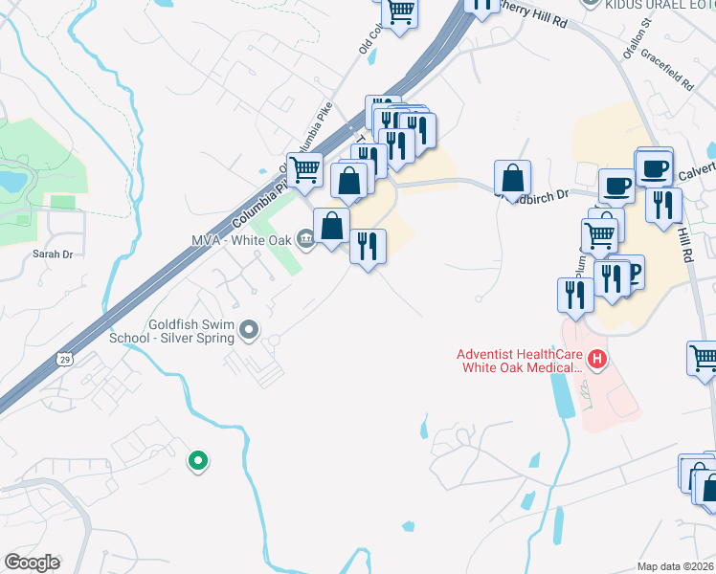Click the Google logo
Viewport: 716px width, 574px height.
(x=32, y=563)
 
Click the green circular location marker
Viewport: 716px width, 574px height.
(x=198, y=462)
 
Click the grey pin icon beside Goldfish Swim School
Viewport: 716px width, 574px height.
(x=250, y=331)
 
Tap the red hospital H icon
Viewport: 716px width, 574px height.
(x=598, y=360)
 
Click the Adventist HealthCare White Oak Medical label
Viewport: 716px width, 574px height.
(x=522, y=360)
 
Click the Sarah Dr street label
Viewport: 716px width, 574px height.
(x=53, y=254)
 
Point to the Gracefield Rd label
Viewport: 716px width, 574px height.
(x=668, y=68)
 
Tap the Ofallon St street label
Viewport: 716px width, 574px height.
(x=636, y=38)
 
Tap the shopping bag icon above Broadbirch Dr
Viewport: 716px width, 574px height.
(x=513, y=178)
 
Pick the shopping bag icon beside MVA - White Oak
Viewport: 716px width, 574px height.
(x=332, y=227)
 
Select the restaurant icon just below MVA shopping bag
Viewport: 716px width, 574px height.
(x=367, y=246)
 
